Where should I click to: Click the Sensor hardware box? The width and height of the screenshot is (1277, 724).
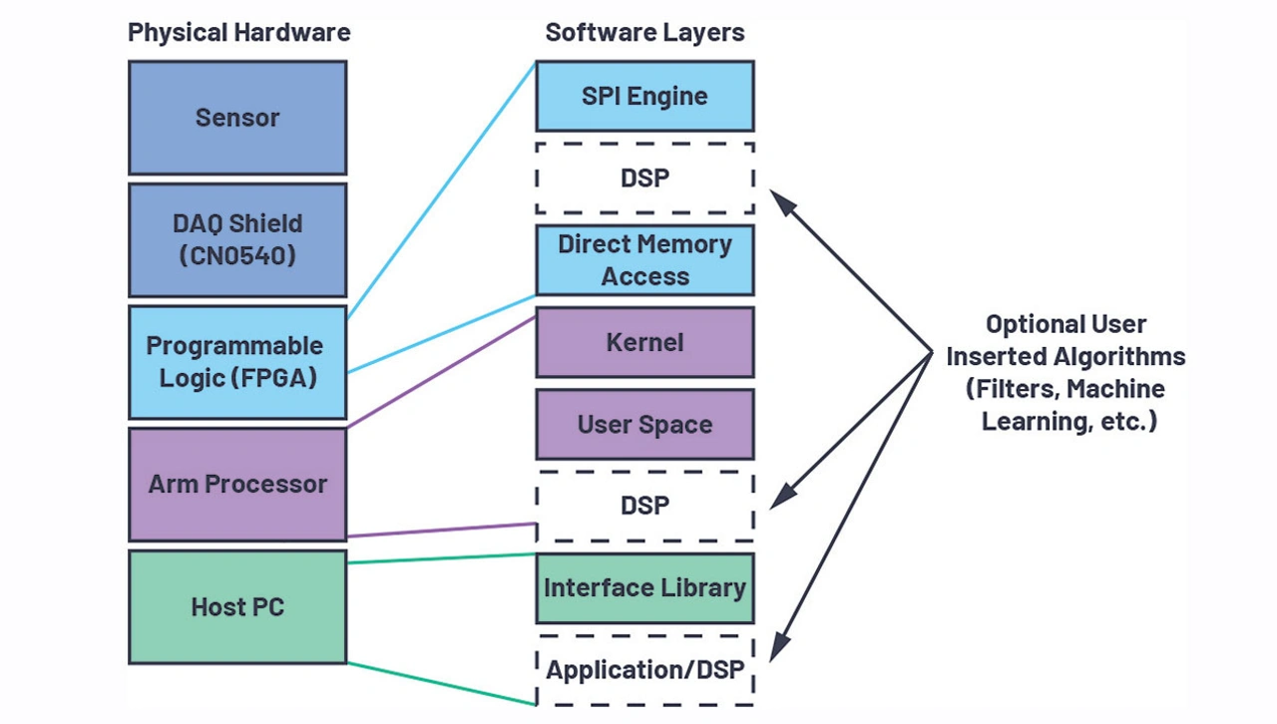pos(237,118)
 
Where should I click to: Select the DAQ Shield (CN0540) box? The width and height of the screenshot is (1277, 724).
pos(237,239)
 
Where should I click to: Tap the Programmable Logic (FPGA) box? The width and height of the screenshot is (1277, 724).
pos(237,362)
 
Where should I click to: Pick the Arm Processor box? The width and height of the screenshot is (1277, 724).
pos(237,485)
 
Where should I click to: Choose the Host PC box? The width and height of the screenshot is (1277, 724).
pos(237,606)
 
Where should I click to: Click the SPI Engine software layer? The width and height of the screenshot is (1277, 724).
pos(644,96)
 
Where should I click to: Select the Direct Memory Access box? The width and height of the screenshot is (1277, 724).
pos(644,260)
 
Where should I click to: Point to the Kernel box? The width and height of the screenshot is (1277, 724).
pos(644,342)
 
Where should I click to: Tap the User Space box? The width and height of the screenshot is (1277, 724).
pos(644,424)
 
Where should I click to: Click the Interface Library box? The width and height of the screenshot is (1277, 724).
pos(644,588)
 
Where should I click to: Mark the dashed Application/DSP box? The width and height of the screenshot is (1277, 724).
pos(644,669)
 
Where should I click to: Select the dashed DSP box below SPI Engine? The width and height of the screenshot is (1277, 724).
pos(644,178)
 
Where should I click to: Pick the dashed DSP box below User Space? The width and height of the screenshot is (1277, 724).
pos(644,506)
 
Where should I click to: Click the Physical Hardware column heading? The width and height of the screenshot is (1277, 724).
pos(238,32)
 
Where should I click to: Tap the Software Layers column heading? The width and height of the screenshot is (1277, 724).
pos(644,32)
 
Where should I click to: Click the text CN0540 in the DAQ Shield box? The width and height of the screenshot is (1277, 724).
pos(237,255)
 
